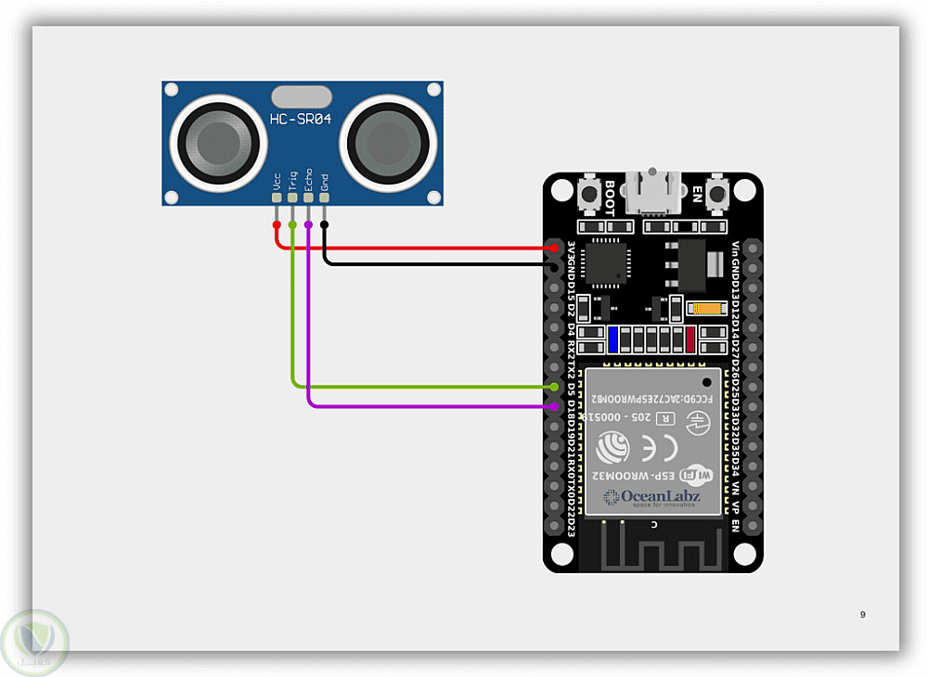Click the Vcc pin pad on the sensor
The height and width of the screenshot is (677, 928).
click(277, 196)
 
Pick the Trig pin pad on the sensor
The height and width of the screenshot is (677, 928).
click(292, 196)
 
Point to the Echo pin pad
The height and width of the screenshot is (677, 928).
click(308, 196)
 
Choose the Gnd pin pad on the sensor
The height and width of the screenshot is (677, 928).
click(324, 196)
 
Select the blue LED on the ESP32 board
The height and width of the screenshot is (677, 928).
click(613, 339)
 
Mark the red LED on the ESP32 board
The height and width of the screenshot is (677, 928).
click(690, 339)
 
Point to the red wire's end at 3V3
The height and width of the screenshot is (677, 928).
click(555, 249)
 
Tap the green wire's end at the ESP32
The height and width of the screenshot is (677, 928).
click(555, 387)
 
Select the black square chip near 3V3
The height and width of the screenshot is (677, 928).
click(604, 262)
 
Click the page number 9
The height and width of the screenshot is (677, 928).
click(863, 614)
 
